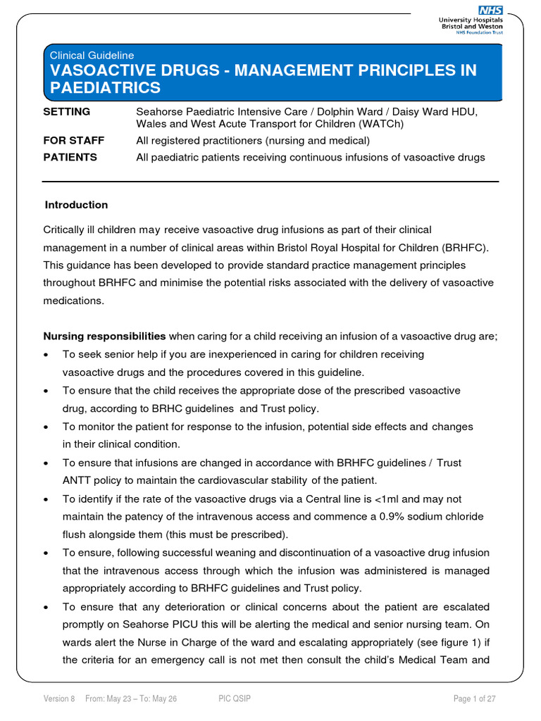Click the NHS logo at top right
point(490,10)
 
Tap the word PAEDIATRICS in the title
point(105,88)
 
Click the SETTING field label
point(66,112)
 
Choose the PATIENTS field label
point(70,157)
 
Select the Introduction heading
point(76,205)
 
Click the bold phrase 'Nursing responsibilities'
point(105,336)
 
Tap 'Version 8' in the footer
point(59,698)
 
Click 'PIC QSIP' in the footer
point(235,698)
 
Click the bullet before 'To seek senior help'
point(46,355)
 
